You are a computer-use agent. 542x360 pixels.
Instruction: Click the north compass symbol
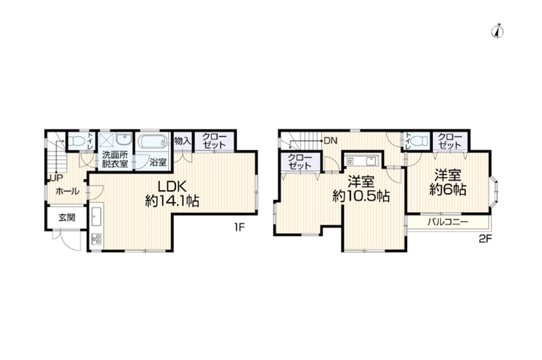tap(497, 31)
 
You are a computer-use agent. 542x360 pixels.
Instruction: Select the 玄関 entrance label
tap(66, 218)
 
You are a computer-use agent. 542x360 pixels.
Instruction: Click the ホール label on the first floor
tap(67, 191)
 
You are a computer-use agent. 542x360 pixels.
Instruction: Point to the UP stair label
tap(57, 178)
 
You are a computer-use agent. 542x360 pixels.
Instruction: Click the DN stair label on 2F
tap(330, 141)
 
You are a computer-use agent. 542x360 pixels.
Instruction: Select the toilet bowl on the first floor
tap(77, 141)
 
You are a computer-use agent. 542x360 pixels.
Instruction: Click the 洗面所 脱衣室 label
tap(114, 159)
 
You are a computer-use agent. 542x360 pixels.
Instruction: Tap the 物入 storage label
tap(182, 141)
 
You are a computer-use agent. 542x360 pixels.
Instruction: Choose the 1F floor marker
tap(239, 227)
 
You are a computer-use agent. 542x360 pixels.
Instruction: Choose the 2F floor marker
tap(485, 239)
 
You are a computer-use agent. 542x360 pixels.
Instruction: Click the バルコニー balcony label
tap(448, 222)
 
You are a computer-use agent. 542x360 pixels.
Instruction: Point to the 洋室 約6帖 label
tap(448, 182)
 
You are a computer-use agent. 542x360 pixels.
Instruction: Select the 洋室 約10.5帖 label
tap(361, 189)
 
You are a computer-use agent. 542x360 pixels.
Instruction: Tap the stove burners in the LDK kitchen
tap(96, 239)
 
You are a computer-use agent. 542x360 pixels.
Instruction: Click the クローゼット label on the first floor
tap(214, 141)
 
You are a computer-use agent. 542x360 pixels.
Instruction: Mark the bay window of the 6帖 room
tap(495, 191)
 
